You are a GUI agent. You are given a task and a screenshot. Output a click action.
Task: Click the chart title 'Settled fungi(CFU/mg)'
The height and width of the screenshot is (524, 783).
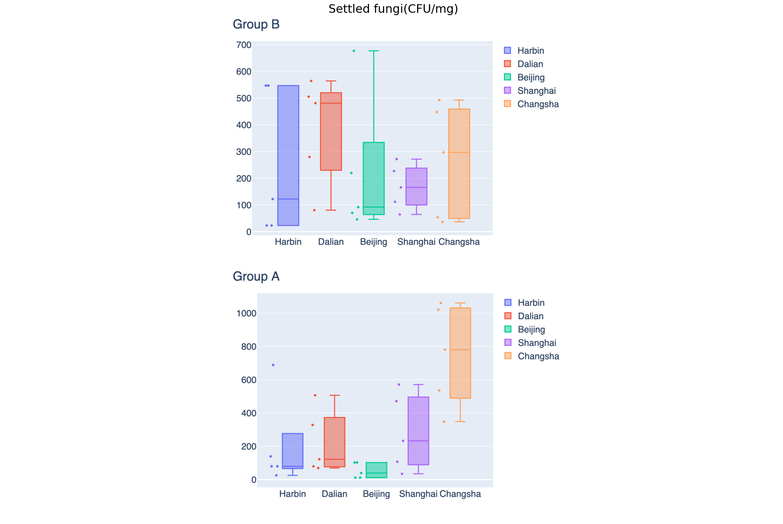pos(393,9)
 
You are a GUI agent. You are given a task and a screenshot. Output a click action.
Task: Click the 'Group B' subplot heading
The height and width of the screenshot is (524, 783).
pos(256,24)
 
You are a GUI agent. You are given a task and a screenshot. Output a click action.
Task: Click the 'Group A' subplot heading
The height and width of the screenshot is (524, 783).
pos(256,277)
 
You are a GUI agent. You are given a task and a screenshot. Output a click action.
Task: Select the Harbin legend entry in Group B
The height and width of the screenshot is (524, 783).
pos(530,51)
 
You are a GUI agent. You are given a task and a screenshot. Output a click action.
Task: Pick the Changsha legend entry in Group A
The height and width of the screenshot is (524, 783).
pos(538,356)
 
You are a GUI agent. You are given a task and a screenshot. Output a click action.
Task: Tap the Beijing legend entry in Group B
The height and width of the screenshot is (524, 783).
pos(531,78)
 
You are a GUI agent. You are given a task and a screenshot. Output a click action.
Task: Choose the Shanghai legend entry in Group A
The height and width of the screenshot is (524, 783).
pos(536,343)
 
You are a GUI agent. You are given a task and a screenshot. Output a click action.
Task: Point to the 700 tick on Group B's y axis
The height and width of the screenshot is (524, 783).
pos(244,45)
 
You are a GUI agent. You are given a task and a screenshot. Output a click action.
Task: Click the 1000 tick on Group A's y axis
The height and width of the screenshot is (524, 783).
pos(247,313)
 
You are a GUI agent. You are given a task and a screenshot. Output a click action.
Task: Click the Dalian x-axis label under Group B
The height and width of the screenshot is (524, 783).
pos(331,242)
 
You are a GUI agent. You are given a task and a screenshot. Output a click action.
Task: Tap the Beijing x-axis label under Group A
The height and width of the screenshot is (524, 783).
pos(376,494)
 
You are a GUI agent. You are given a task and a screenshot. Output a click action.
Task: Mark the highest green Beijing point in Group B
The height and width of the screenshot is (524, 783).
pos(354,51)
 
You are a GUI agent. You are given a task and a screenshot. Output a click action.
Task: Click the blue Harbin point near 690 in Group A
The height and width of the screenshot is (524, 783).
pos(273,365)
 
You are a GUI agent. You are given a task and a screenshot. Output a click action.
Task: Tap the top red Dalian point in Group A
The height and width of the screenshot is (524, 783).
pos(315,395)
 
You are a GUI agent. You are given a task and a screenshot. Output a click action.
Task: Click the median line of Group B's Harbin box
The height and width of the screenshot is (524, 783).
pos(288,199)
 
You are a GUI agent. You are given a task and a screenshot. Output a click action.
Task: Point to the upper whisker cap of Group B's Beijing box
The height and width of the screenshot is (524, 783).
pos(374,51)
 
